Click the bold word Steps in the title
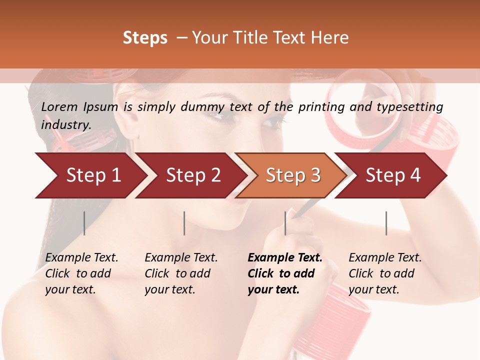(x=145, y=38)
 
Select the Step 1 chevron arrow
(x=90, y=175)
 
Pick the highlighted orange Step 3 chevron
(x=292, y=175)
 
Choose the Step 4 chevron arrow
(x=392, y=175)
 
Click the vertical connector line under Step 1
(x=84, y=223)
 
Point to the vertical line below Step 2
(x=184, y=223)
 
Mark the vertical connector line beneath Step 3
(x=285, y=223)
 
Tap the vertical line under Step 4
(x=386, y=223)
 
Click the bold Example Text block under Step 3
(x=285, y=273)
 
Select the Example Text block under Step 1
(x=81, y=273)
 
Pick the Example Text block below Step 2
(x=181, y=273)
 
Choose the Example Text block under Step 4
(x=385, y=273)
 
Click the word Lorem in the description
(x=59, y=106)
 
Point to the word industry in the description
(x=66, y=124)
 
